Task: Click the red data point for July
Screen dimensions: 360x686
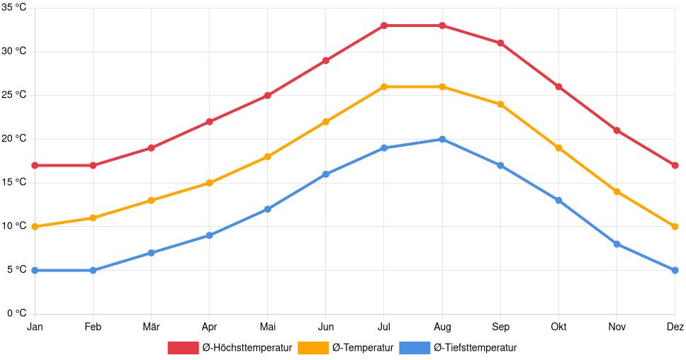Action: click(x=384, y=26)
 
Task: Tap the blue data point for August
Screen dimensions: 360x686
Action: click(x=442, y=140)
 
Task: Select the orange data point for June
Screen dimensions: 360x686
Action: click(x=326, y=122)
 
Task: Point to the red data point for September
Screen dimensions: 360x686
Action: click(x=500, y=43)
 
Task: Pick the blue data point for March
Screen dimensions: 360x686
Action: click(x=151, y=253)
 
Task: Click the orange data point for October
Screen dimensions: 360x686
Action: click(x=558, y=148)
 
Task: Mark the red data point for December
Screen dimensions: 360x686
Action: click(x=675, y=166)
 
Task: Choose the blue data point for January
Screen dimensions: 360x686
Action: click(x=35, y=271)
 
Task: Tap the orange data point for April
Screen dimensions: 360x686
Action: click(x=209, y=183)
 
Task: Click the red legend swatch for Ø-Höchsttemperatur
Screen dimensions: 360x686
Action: click(x=183, y=348)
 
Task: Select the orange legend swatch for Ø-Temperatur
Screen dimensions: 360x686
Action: click(x=313, y=348)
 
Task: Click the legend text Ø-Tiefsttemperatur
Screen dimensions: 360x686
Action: click(x=475, y=348)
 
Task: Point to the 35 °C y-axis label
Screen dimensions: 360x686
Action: click(x=13, y=8)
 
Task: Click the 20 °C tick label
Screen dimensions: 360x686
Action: click(x=13, y=139)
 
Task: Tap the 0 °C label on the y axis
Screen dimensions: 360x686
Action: click(x=16, y=313)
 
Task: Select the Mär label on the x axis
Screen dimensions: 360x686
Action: click(x=151, y=327)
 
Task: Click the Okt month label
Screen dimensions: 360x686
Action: click(x=558, y=327)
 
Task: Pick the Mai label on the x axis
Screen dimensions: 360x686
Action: click(x=267, y=327)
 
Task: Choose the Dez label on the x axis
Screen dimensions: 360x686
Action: click(x=675, y=327)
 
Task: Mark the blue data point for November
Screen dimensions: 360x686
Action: click(x=617, y=244)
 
